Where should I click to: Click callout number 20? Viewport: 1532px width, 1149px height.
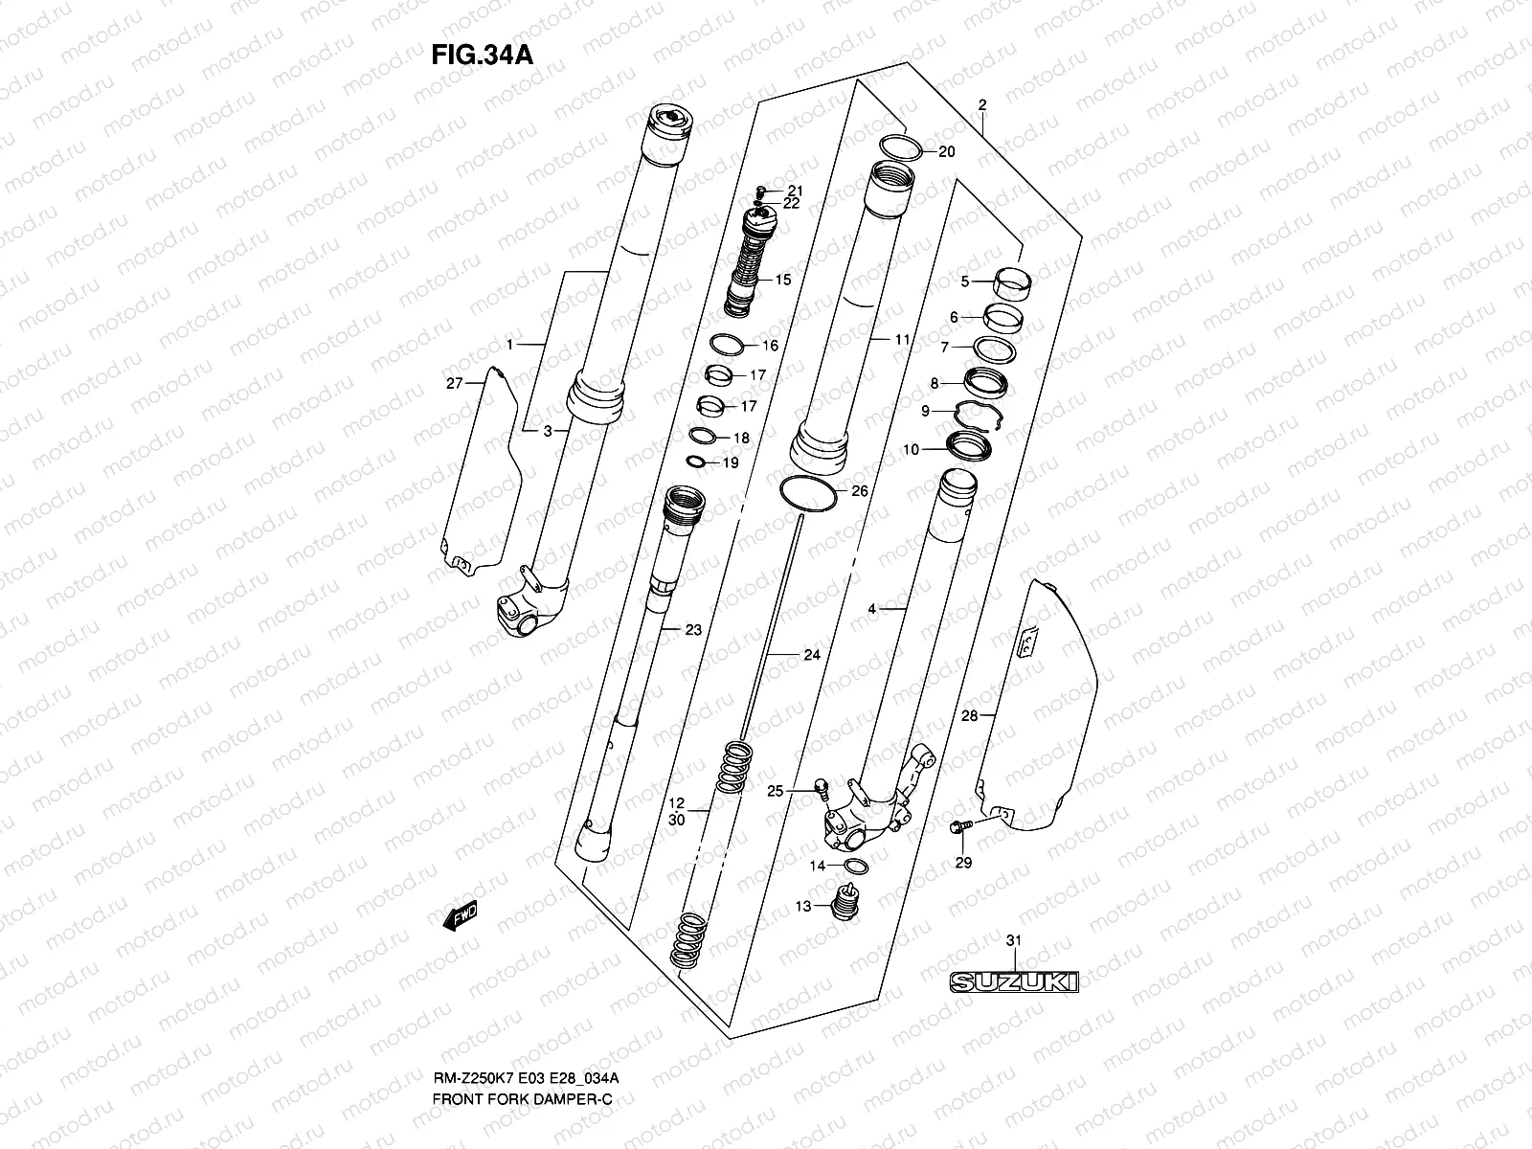[946, 152]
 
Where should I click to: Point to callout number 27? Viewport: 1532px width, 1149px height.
[454, 383]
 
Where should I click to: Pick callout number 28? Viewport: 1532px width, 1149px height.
[969, 715]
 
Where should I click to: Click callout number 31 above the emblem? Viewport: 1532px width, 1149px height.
[1014, 941]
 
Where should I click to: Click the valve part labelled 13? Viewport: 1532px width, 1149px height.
[843, 902]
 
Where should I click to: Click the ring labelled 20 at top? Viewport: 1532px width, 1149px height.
[900, 147]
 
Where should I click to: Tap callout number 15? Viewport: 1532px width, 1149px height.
[783, 281]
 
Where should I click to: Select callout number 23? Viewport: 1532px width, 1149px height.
[693, 630]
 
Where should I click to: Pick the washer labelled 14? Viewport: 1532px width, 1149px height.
[856, 867]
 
